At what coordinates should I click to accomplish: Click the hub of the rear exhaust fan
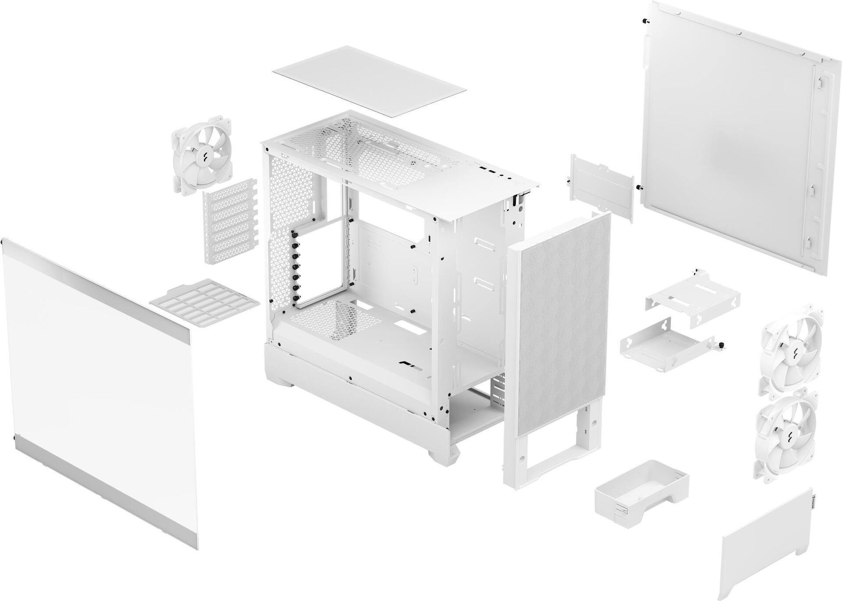tap(203, 155)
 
